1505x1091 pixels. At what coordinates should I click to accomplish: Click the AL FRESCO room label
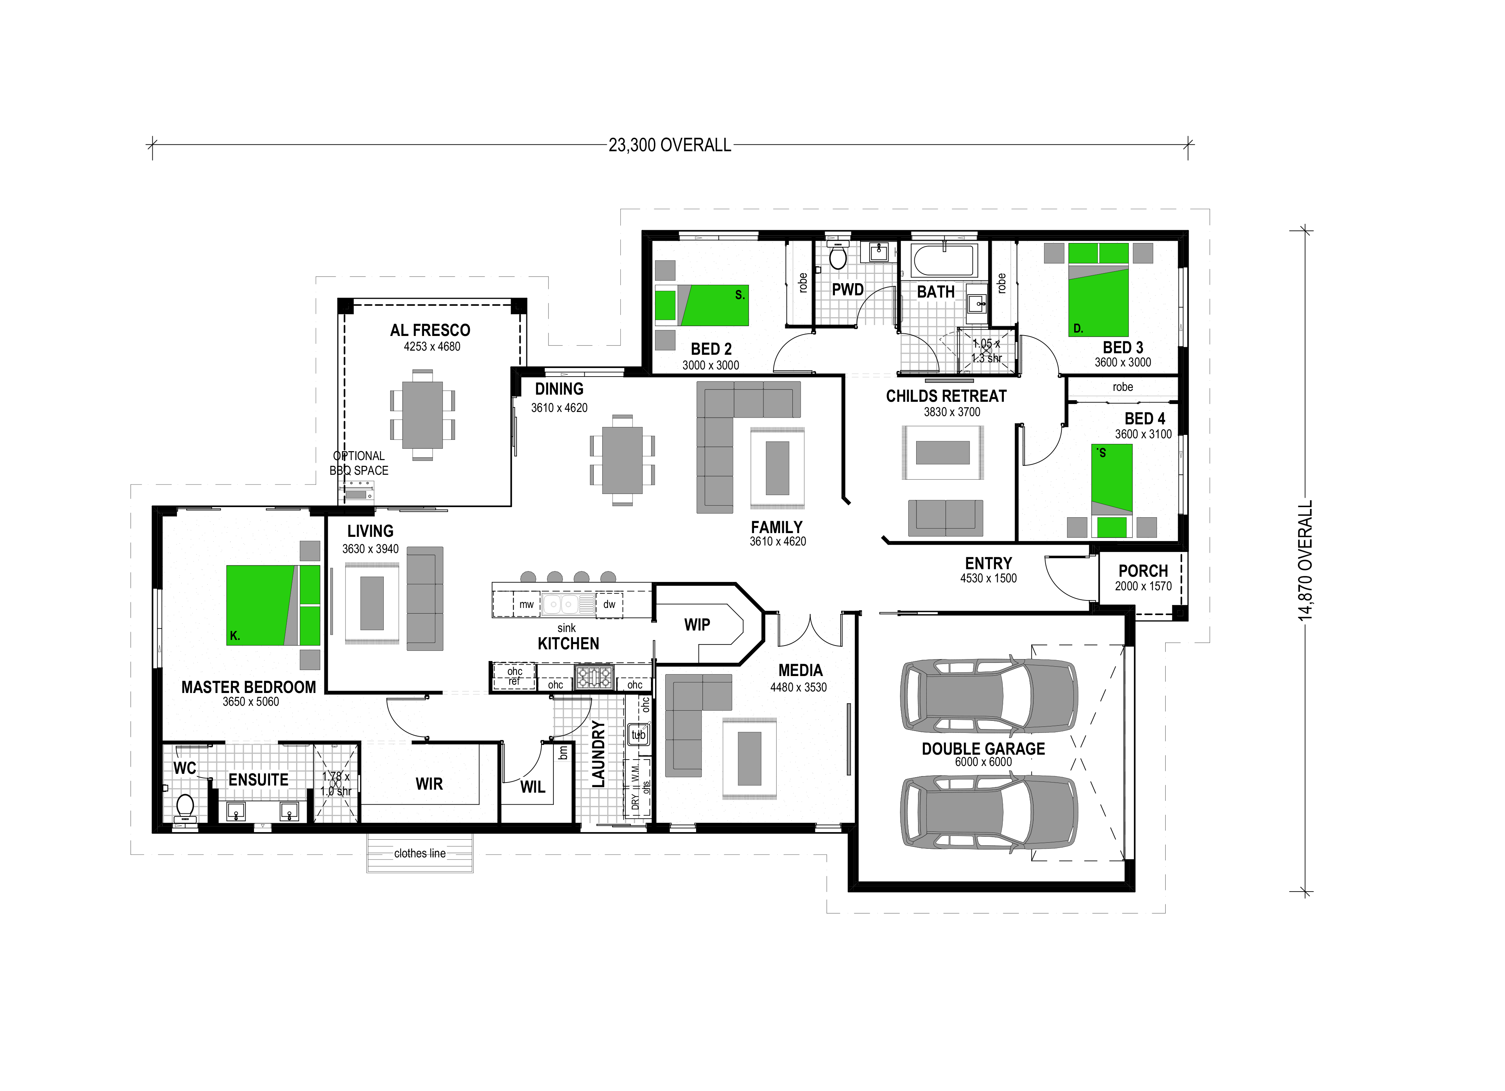430,330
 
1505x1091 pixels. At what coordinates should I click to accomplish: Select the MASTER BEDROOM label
248,687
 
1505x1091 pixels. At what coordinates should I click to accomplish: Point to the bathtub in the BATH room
944,260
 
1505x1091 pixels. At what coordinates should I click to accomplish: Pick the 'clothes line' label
420,853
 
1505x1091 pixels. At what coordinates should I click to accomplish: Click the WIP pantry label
697,625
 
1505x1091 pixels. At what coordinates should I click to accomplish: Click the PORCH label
1143,571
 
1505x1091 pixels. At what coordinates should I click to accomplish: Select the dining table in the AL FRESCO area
422,415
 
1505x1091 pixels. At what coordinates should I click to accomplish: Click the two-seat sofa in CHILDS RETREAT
945,518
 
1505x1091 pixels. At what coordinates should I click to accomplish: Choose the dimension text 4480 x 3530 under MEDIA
798,687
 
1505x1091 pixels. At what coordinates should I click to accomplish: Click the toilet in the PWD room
838,257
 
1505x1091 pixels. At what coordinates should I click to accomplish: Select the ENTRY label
988,563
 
